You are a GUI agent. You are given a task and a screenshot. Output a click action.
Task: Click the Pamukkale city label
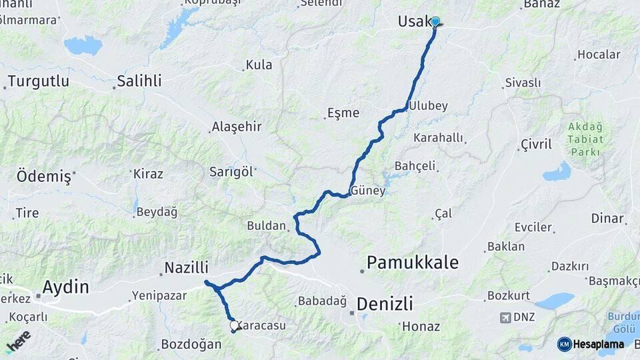pos(412,263)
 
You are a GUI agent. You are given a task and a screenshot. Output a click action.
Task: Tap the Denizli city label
pos(385,304)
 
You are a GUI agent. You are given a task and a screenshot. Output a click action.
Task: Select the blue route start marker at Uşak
pos(435,21)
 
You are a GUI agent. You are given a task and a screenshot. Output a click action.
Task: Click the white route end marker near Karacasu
pos(234,325)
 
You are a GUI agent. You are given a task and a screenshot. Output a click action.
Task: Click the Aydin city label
pos(65,287)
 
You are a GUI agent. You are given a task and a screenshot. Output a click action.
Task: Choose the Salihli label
pos(139,81)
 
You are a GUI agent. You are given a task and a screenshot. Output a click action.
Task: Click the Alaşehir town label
pos(236,127)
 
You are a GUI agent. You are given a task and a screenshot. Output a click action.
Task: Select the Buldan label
pos(266,225)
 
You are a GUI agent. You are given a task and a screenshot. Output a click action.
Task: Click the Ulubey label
pos(428,106)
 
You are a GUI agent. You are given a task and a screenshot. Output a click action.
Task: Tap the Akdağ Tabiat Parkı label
pos(585,139)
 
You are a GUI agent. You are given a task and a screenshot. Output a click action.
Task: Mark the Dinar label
pos(607,219)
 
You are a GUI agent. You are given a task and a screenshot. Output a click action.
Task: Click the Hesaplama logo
pos(591,344)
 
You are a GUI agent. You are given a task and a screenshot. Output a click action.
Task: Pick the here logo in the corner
pos(18,341)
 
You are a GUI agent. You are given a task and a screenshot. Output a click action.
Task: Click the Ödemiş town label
pos(43,177)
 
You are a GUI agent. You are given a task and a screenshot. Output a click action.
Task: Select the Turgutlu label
pos(38,81)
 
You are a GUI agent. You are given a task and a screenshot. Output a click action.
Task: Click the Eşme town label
pos(343,113)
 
